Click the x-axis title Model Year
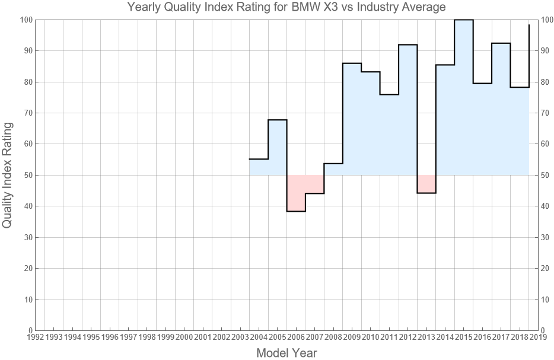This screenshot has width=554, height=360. (286, 353)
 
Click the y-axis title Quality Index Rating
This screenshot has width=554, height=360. (8, 175)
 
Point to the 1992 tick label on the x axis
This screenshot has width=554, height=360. (35, 337)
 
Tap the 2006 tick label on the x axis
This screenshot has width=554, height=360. (296, 337)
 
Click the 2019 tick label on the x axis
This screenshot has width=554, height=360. (538, 337)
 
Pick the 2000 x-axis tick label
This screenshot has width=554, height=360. (184, 337)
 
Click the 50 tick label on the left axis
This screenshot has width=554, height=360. (26, 175)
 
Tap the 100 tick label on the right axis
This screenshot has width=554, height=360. (547, 20)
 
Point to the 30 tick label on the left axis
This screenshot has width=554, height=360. (26, 237)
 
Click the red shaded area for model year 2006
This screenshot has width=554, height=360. (296, 193)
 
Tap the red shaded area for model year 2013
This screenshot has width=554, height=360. (426, 184)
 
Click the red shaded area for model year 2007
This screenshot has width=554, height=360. (315, 184)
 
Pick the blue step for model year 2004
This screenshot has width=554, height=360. (259, 167)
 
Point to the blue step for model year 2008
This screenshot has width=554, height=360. (333, 169)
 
